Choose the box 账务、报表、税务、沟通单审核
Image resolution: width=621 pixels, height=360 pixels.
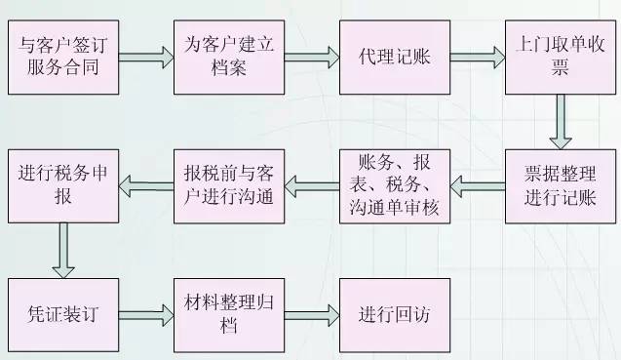394,185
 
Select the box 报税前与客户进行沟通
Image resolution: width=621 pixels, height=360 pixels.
228,185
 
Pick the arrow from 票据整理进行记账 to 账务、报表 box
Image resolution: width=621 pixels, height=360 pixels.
477,185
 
